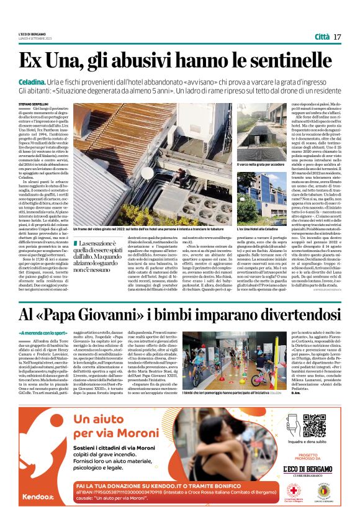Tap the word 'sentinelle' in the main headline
(293, 61)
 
